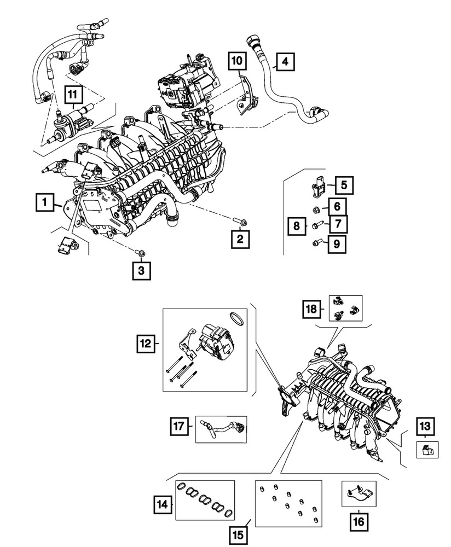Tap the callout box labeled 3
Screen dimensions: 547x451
click(x=141, y=270)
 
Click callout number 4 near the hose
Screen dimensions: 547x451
click(x=284, y=62)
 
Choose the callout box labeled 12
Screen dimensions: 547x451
click(x=146, y=344)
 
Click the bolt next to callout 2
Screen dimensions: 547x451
click(x=239, y=222)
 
